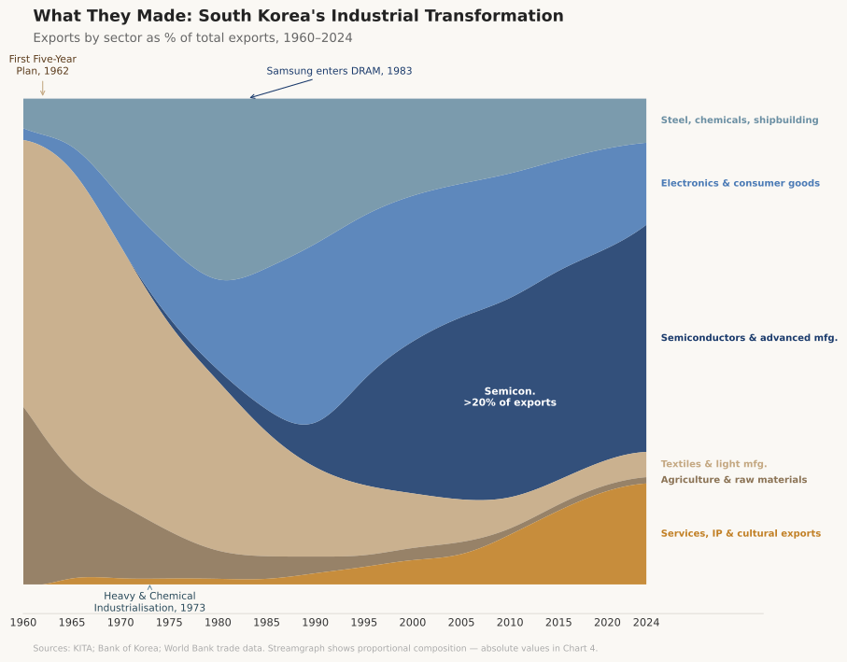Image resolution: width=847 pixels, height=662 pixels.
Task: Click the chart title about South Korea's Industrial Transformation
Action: pos(298,16)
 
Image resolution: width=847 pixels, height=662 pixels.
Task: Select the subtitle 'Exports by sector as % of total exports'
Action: pos(192,37)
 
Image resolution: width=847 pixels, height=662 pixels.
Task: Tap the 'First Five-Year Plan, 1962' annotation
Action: pos(43,64)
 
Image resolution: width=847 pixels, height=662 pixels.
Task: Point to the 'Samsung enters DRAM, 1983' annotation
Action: pos(339,71)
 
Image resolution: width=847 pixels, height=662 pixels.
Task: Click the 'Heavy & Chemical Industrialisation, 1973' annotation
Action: pos(149,601)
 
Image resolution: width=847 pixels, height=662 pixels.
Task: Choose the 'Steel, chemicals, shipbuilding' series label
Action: pos(739,120)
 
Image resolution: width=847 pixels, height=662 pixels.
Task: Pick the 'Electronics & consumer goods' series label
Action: pos(740,183)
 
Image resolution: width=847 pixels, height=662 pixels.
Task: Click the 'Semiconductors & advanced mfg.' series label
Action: pos(749,338)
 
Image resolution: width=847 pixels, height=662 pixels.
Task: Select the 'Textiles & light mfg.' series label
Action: pos(713,464)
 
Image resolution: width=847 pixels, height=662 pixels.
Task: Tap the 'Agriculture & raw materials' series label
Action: pos(733,480)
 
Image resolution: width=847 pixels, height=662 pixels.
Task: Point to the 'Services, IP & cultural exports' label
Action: pos(741,534)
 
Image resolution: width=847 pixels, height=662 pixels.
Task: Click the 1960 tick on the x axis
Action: pos(23,622)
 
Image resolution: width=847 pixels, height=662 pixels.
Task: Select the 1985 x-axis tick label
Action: pos(266,622)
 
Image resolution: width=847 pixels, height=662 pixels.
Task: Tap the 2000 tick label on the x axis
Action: pos(413,622)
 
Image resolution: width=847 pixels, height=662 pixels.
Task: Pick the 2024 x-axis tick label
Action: pos(646,622)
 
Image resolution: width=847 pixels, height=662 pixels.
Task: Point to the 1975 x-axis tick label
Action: pos(169,622)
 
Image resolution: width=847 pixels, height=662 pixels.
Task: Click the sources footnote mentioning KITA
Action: pos(315,648)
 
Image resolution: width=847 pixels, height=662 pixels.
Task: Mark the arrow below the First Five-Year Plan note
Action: pos(42,88)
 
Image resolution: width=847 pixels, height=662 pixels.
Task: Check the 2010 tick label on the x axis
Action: pos(510,622)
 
